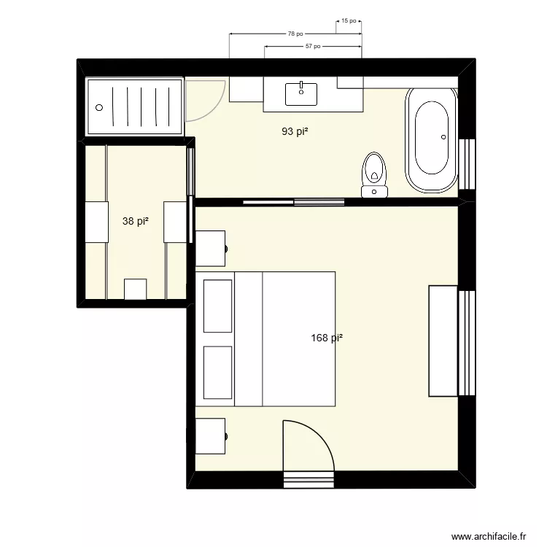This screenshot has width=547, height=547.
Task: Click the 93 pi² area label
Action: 295,132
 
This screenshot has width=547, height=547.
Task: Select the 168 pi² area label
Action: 327,338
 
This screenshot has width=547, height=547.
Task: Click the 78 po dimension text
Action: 295,34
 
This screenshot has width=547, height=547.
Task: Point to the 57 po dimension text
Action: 313,46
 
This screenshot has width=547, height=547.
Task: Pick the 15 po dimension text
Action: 349,21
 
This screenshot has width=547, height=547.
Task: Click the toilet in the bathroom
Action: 374,175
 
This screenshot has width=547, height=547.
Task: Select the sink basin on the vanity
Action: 301,93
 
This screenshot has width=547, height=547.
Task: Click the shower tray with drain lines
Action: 134,106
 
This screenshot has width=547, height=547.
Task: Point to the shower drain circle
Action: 99,106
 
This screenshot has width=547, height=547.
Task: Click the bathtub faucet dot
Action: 443,136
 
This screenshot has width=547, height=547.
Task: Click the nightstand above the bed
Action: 211,248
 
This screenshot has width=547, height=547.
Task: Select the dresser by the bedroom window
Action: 443,341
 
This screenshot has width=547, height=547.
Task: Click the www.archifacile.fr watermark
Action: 488,536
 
